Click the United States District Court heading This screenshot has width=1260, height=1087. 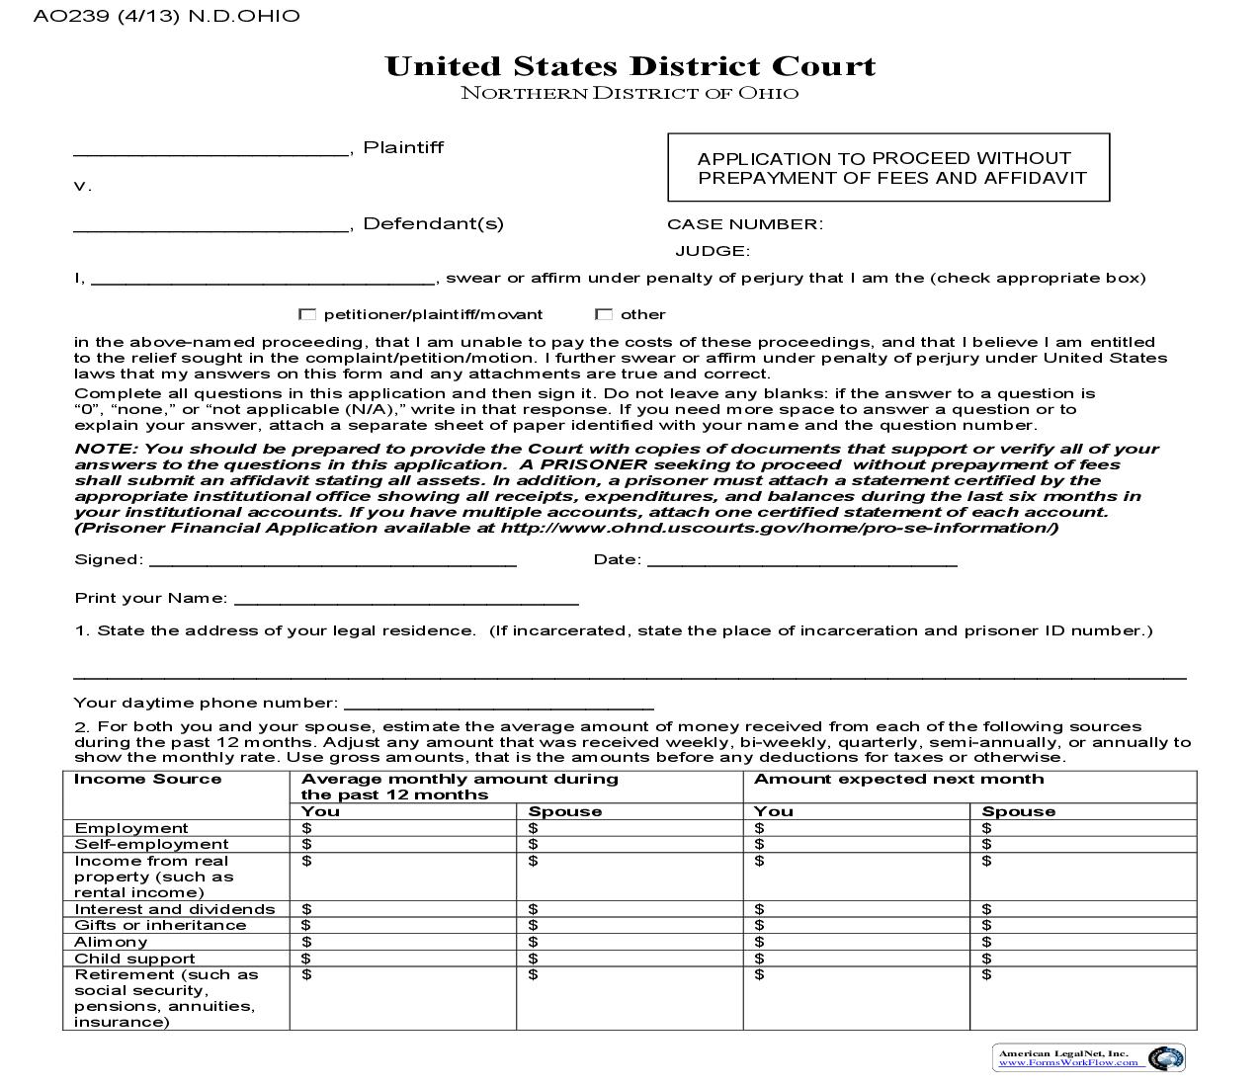630,66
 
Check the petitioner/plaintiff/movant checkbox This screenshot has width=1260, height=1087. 307,314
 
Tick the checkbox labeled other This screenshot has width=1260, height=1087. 604,314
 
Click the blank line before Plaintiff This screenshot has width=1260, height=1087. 211,149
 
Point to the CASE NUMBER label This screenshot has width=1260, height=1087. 744,224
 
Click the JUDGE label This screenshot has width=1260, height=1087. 713,251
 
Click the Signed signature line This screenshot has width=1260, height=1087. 332,560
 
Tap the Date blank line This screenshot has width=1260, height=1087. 801,560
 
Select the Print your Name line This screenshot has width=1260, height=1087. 406,599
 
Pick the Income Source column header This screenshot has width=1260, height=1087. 148,779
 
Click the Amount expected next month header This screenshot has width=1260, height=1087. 898,779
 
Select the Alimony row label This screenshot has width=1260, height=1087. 111,942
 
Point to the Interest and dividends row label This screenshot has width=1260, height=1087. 175,909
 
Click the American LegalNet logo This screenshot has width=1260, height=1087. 1089,1057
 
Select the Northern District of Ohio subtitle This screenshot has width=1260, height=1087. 630,94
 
